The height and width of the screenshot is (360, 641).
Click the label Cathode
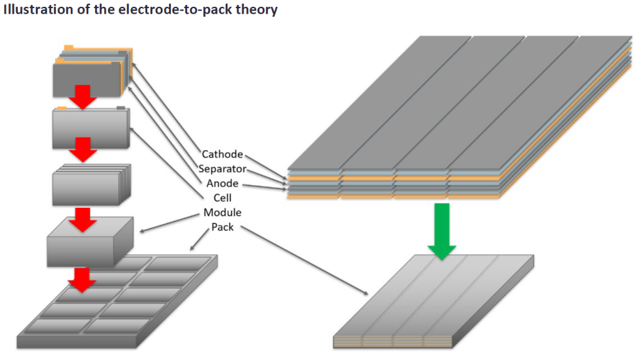[222, 154]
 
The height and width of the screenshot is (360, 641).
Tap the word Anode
[222, 183]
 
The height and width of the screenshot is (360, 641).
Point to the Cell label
[222, 198]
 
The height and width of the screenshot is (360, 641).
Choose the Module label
[222, 212]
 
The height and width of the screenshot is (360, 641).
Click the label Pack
[222, 227]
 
